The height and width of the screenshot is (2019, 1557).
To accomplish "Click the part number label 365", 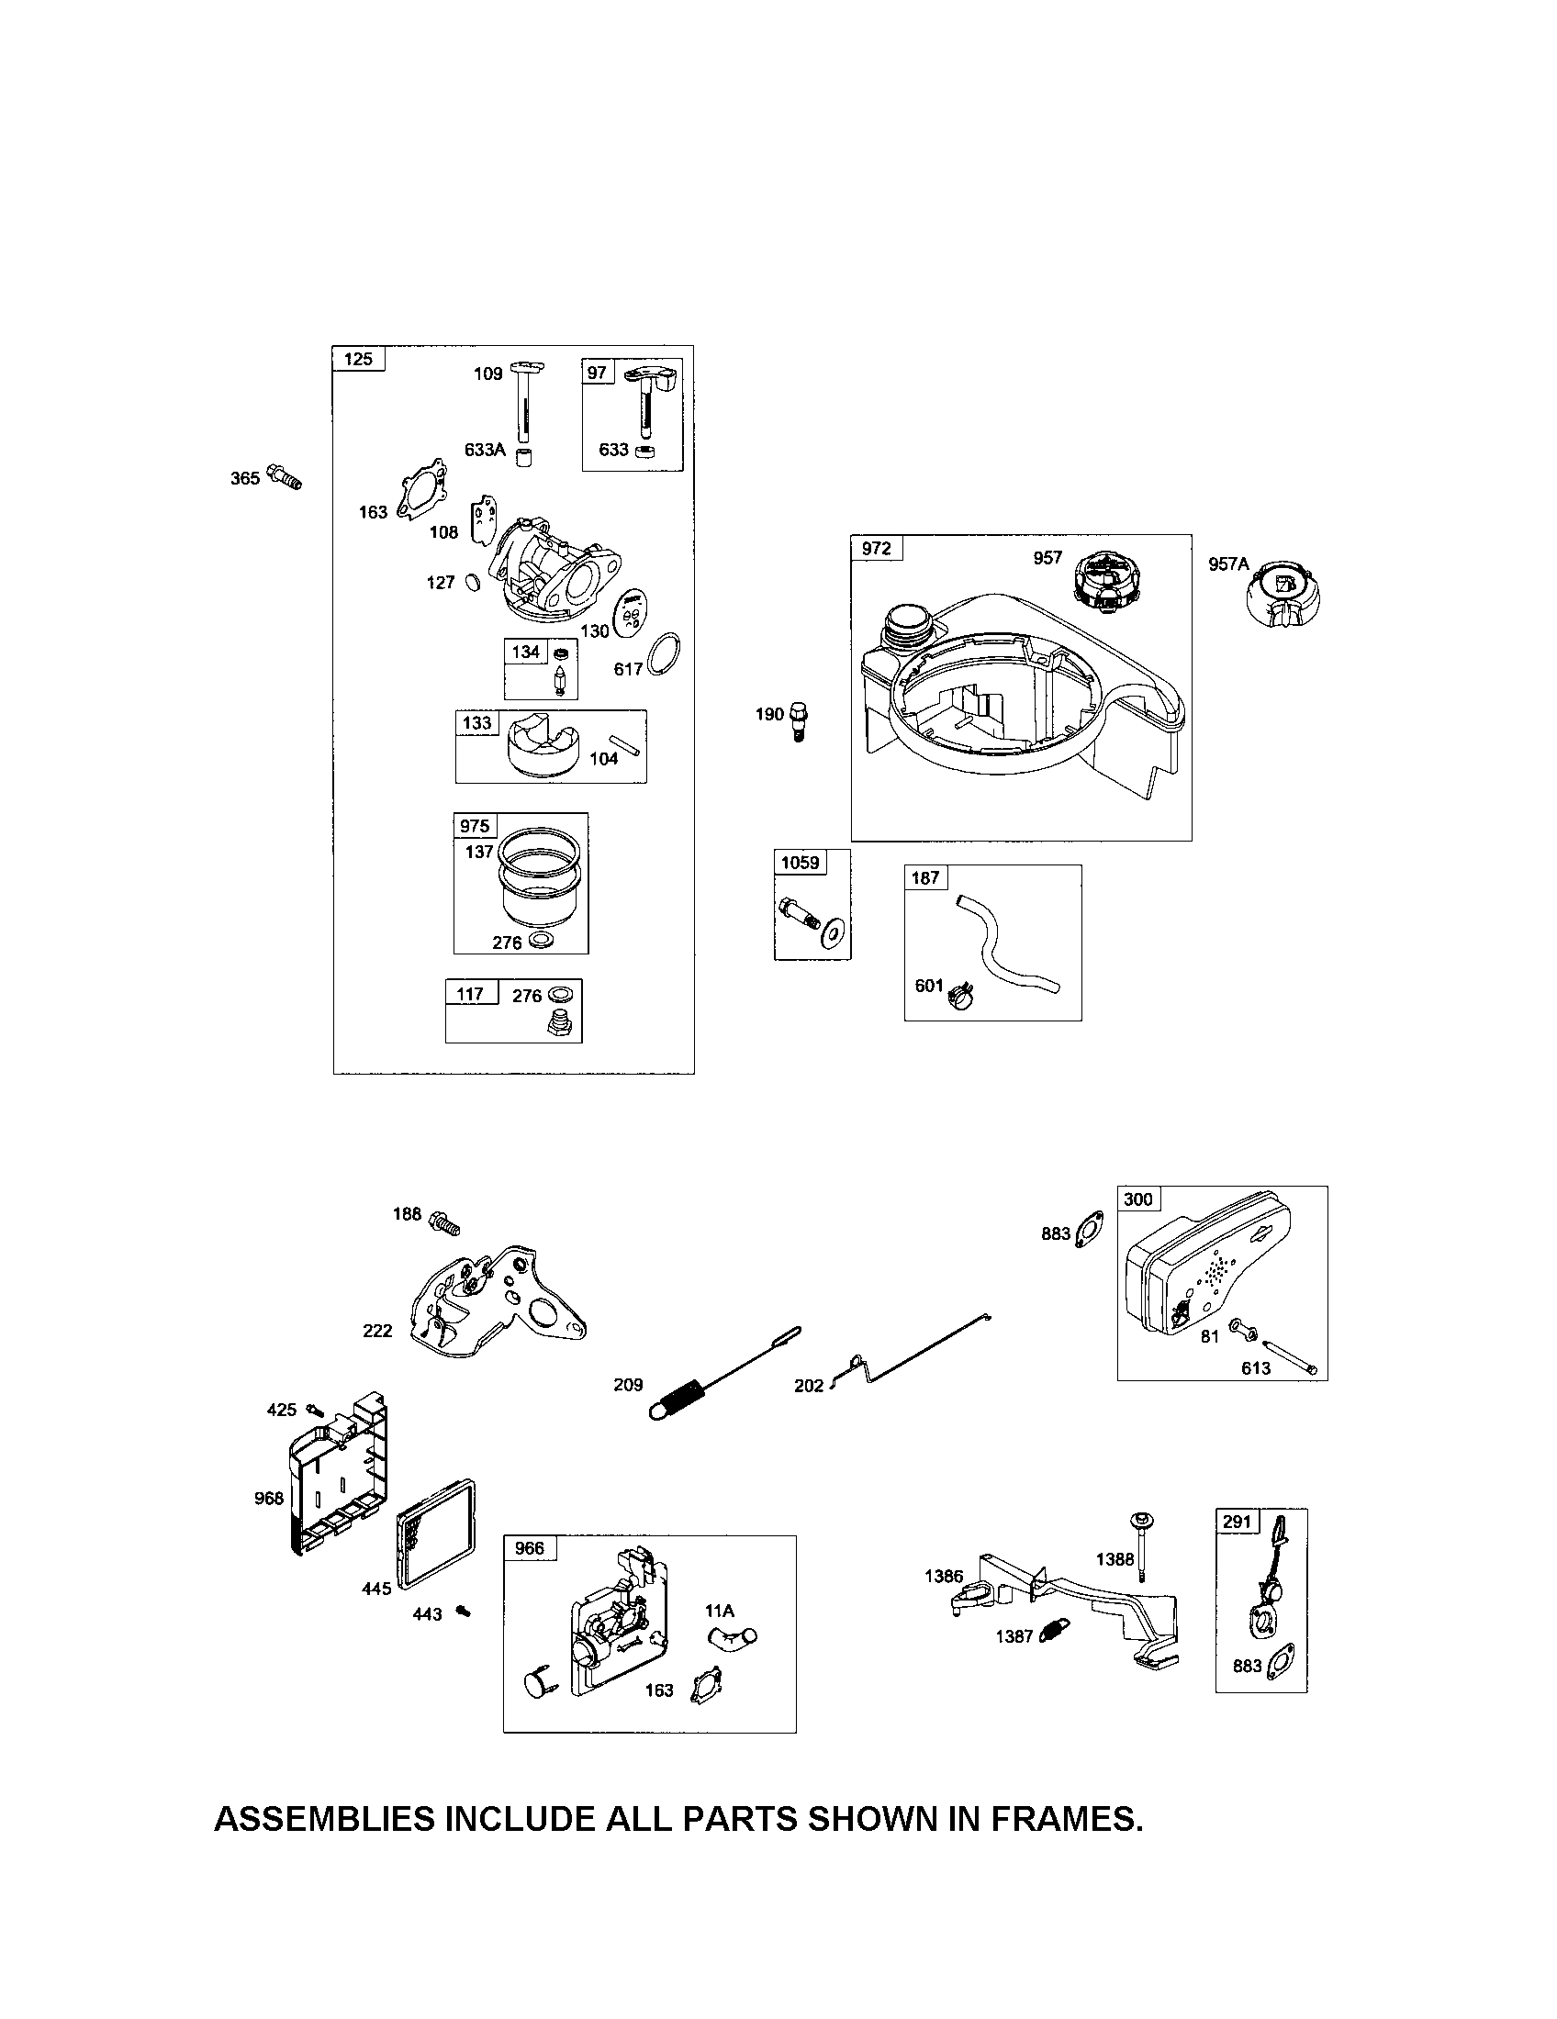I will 245,478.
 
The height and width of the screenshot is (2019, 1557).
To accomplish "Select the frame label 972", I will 877,548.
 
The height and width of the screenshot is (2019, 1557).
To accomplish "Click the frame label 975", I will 476,826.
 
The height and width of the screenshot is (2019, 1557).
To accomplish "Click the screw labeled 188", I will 444,1222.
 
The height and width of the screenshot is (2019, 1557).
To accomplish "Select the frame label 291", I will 1238,1522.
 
